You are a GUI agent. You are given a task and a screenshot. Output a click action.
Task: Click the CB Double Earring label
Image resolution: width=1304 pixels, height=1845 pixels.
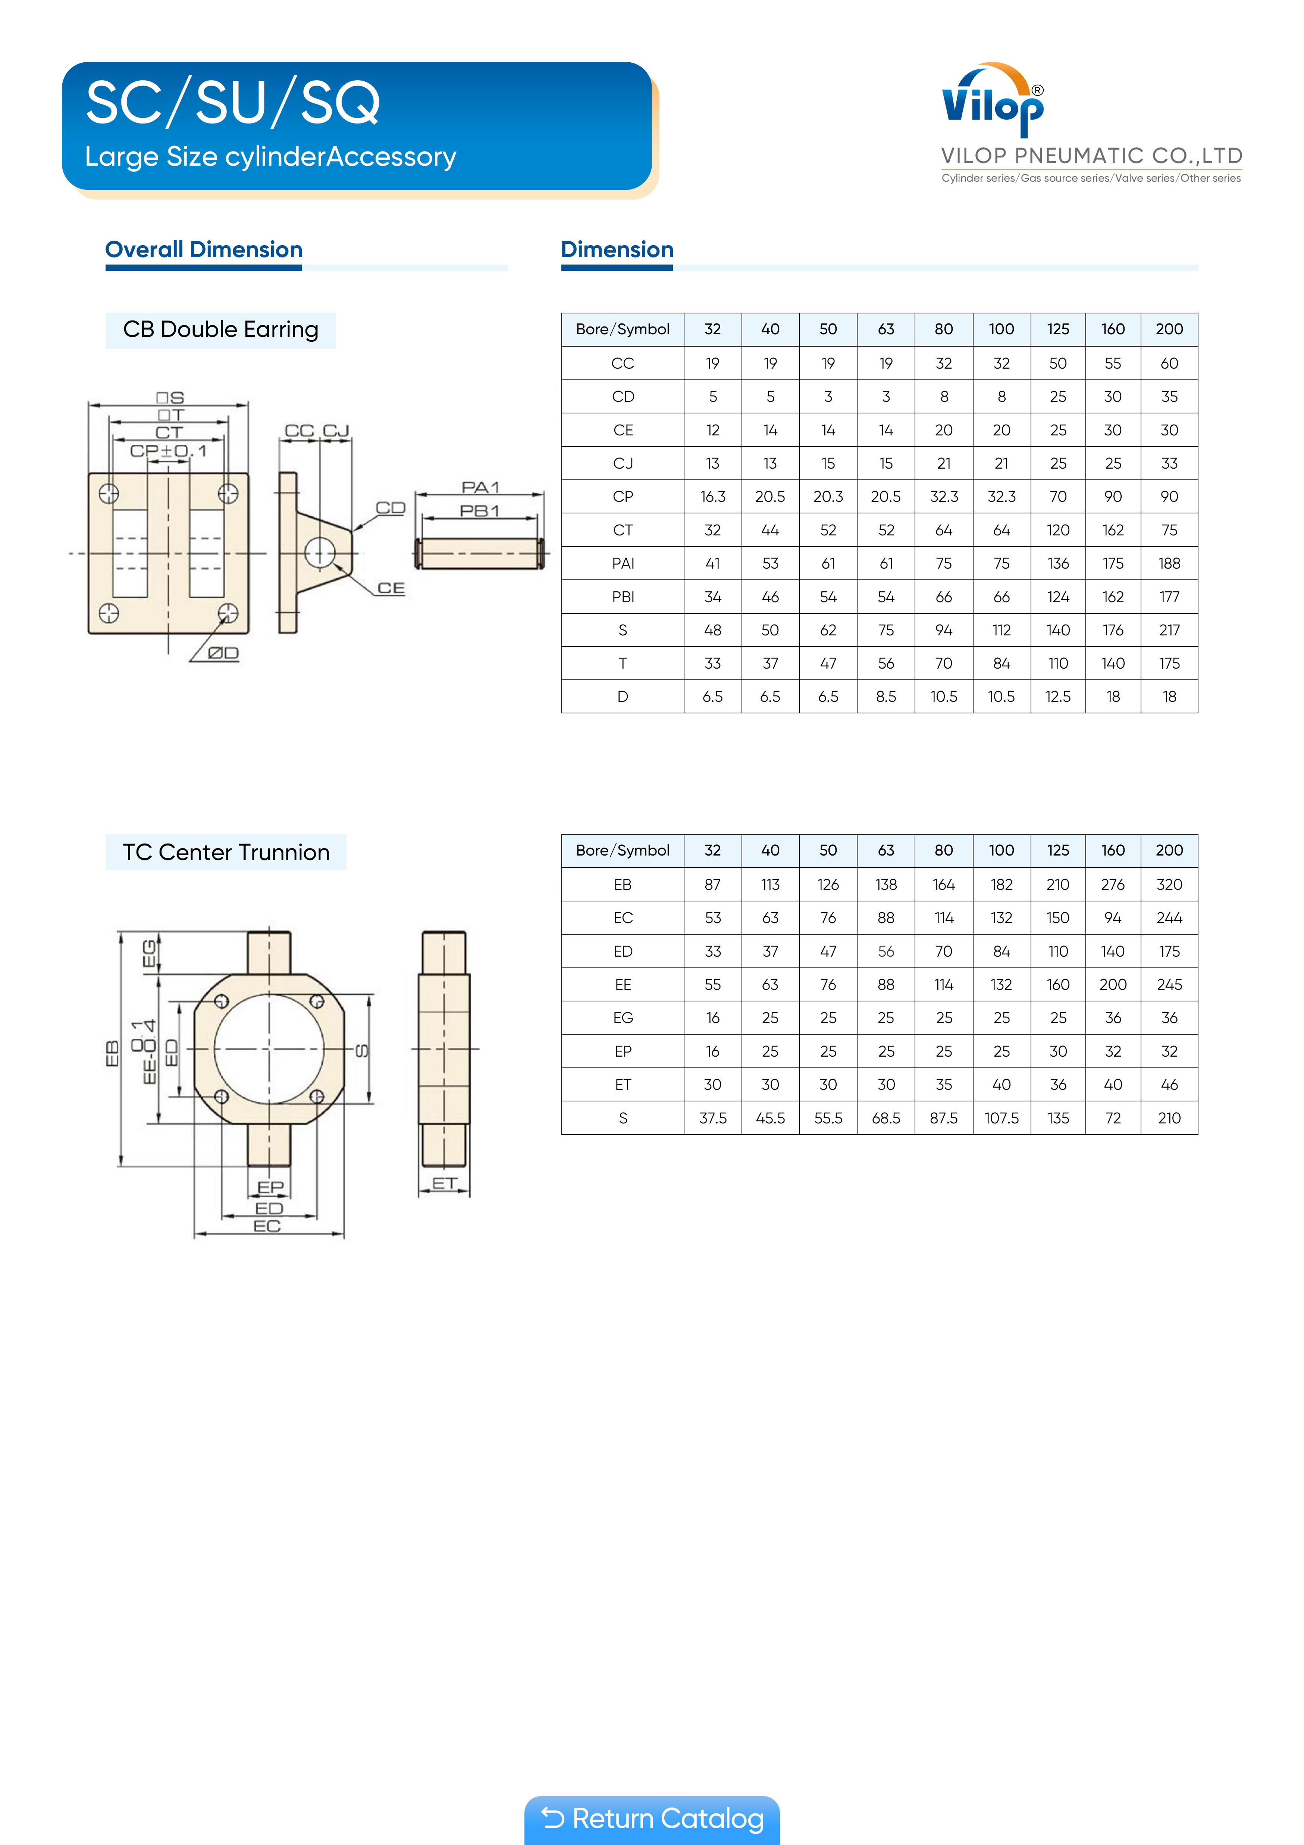pos(221,329)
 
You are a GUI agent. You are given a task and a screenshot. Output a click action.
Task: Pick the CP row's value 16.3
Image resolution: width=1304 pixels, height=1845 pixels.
pos(713,497)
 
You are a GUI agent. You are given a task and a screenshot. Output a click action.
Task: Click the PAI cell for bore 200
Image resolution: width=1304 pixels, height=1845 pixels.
pos(1169,563)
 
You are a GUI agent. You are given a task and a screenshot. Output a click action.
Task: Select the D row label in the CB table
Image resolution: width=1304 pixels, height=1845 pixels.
pos(623,697)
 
